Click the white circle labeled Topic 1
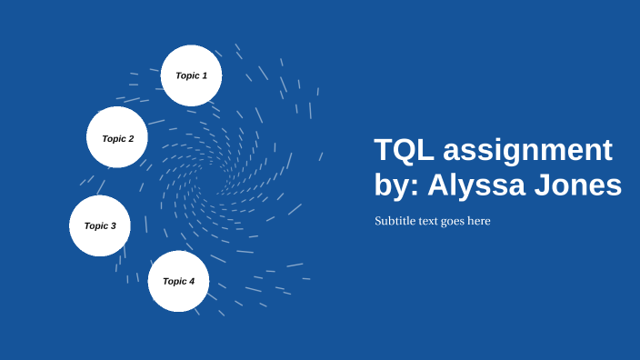coord(191,75)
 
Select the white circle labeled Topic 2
coord(117,138)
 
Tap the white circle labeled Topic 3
coord(100,225)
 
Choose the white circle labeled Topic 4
coord(178,282)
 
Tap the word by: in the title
coord(396,185)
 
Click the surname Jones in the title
coord(579,185)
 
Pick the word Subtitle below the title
coord(395,221)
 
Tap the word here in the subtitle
coord(480,221)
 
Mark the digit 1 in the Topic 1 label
coord(205,75)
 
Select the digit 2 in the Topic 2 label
coord(131,139)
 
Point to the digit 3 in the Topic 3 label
coord(114,225)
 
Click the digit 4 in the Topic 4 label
coord(192,282)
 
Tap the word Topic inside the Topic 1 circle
coord(186,75)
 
